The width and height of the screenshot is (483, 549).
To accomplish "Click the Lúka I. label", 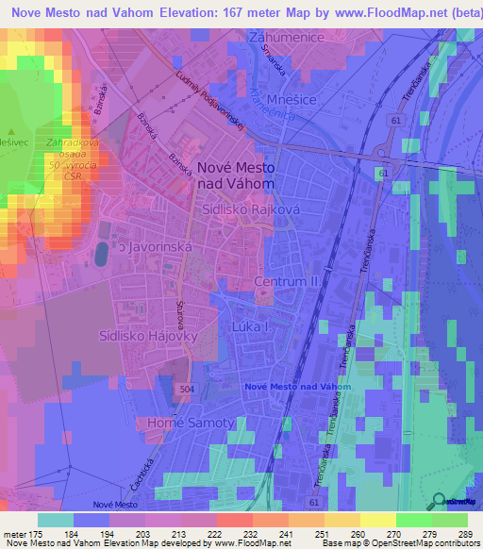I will pos(250,326).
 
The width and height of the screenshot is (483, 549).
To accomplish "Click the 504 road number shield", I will pos(190,388).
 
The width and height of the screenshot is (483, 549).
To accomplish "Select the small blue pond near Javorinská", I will pos(100,253).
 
